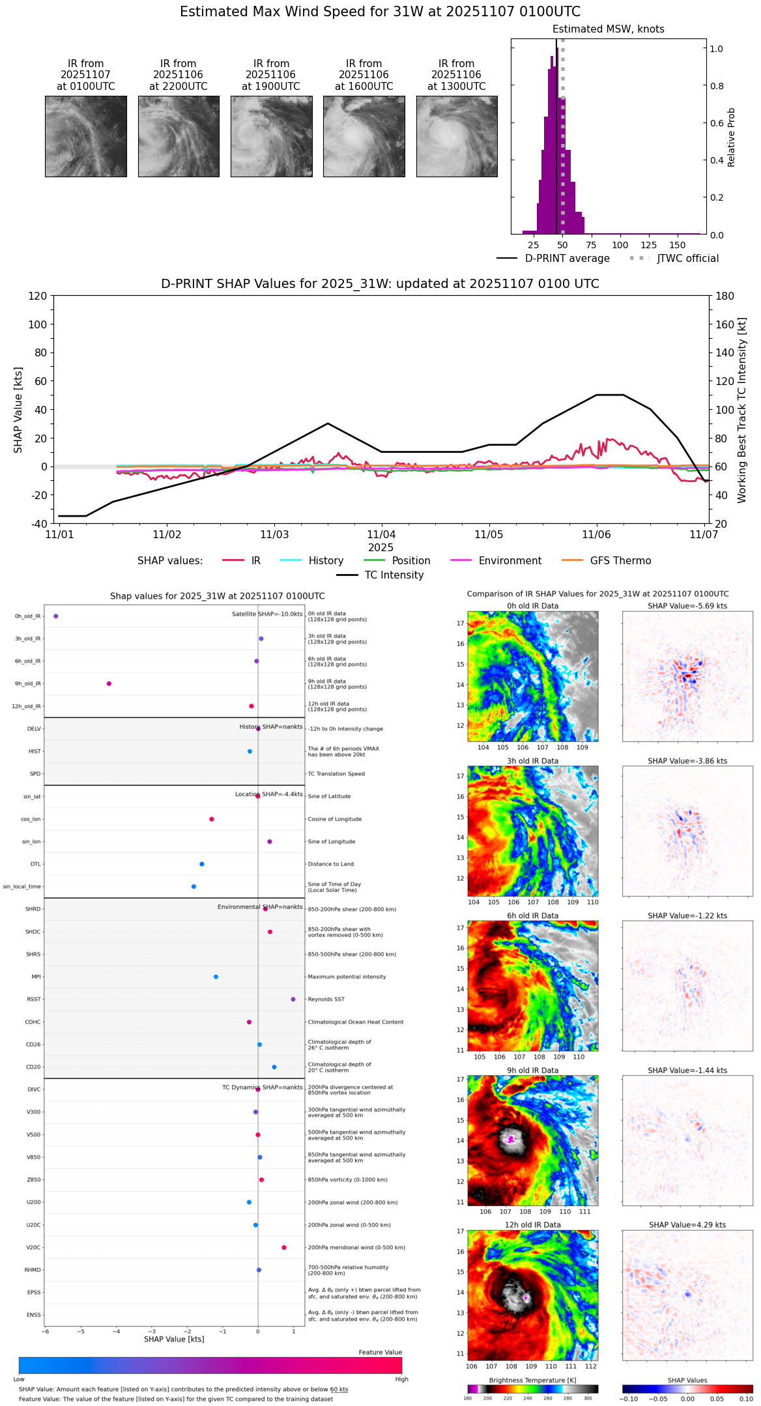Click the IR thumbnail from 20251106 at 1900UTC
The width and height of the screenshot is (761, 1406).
tap(271, 136)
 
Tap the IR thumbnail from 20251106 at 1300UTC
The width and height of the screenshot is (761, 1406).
tap(457, 136)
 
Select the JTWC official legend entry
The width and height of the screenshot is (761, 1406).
tap(674, 259)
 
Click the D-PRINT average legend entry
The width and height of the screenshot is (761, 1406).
tap(554, 259)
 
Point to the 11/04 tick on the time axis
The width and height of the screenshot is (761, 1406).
tap(381, 534)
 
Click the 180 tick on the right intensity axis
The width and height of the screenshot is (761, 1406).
tap(725, 296)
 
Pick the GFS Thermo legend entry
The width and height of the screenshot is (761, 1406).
tap(607, 561)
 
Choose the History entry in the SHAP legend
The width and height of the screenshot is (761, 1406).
tap(312, 561)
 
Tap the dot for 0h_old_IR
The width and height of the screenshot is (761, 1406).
tap(56, 616)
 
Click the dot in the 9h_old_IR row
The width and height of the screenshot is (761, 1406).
tap(109, 683)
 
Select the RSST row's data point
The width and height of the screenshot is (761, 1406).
tap(293, 999)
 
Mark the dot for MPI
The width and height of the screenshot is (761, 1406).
tap(216, 977)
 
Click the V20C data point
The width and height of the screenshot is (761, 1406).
tap(284, 1247)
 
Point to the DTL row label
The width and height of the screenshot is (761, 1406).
tap(35, 864)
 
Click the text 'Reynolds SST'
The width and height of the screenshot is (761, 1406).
tap(326, 999)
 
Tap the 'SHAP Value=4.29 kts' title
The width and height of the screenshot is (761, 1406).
tap(687, 1225)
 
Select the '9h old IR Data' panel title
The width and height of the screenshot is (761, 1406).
tap(532, 1070)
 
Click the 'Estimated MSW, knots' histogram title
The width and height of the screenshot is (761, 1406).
tap(609, 29)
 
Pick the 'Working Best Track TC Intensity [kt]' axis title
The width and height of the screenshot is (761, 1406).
tap(742, 410)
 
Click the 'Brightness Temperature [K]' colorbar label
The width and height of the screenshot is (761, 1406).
tap(532, 1380)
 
